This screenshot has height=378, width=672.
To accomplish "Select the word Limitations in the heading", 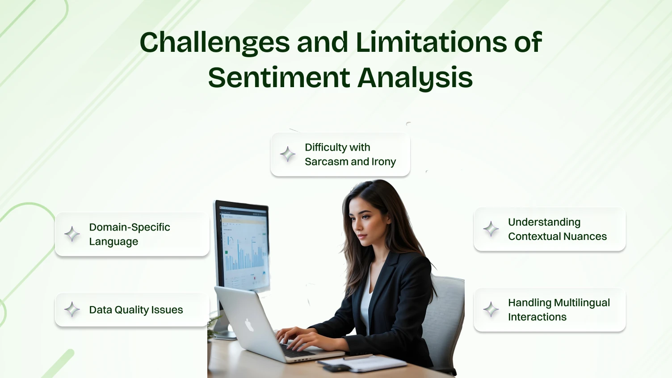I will click(x=431, y=42).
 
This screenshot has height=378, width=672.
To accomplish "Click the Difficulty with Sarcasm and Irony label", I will click(x=350, y=155).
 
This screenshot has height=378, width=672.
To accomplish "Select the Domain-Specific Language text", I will click(x=130, y=234).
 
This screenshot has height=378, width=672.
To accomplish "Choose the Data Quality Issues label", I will click(x=136, y=310).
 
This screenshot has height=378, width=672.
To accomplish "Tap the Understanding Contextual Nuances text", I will click(x=557, y=229).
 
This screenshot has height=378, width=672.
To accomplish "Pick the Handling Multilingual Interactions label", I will click(x=559, y=310).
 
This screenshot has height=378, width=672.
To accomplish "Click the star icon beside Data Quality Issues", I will click(x=72, y=309).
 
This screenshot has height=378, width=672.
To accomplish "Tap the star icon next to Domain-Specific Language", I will click(x=72, y=234).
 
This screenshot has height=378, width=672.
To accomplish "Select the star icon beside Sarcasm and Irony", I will click(x=288, y=154).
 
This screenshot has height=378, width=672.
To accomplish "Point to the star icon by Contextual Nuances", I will click(x=491, y=229).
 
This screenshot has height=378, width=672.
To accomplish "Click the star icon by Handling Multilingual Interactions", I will click(x=491, y=309).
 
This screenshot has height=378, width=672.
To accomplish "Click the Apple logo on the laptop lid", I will click(x=249, y=325).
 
